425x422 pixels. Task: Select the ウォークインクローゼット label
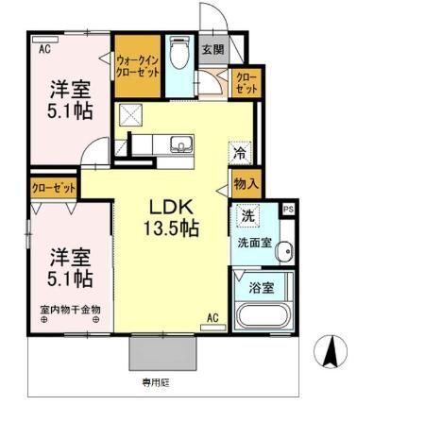137,66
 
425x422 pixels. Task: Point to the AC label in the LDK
212,317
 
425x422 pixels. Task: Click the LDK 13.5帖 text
170,217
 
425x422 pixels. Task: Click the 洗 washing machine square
246,215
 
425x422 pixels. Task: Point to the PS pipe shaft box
288,209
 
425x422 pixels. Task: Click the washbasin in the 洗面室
285,251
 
